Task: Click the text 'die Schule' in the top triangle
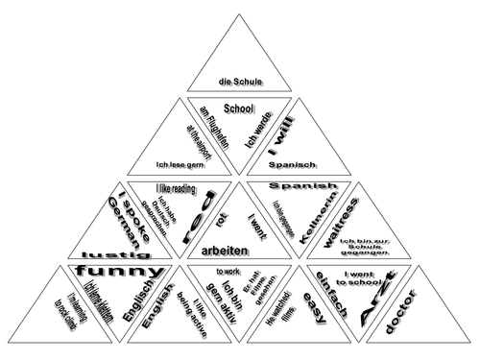(x=239, y=83)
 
